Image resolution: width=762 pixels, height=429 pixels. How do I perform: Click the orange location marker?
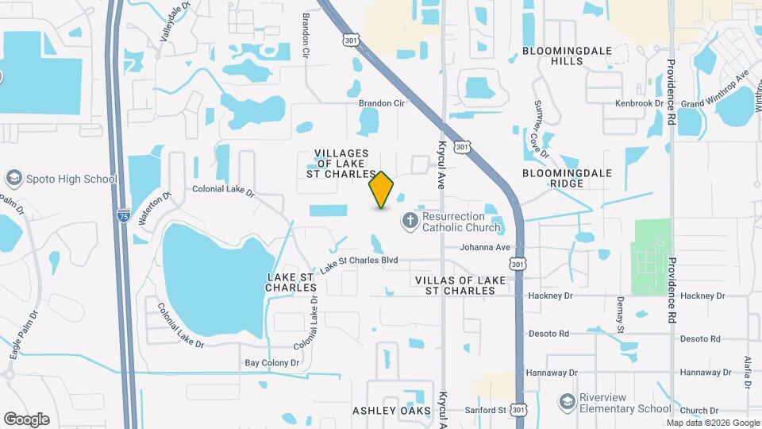[x=381, y=189]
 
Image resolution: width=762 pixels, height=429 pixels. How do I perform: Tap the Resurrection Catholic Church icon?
[x=410, y=220]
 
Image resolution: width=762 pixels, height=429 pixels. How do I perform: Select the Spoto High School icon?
[x=13, y=178]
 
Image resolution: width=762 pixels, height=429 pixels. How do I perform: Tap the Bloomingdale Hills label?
[x=567, y=56]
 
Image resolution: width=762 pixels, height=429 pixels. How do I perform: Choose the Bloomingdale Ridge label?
[x=564, y=177]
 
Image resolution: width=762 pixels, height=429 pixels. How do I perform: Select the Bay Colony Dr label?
[x=271, y=363]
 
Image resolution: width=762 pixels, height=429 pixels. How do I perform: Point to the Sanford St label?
[x=485, y=410]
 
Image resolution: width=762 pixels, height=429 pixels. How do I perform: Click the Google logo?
[x=26, y=419]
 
